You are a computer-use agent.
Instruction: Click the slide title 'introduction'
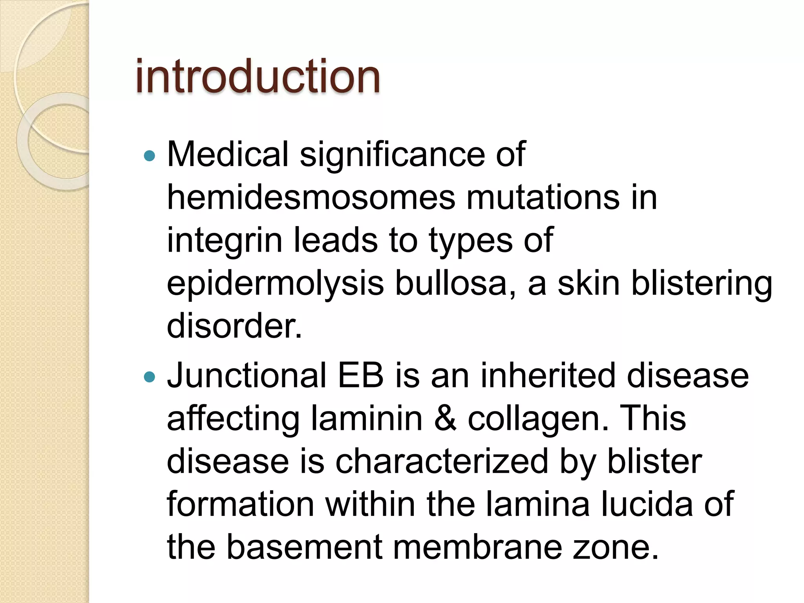(258, 76)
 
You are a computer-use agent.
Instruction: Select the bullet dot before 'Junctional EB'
(150, 377)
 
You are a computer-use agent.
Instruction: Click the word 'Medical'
(228, 154)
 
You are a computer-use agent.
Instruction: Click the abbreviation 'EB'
(360, 375)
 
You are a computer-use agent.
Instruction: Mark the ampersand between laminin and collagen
(445, 418)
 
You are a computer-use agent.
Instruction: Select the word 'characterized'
(441, 462)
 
